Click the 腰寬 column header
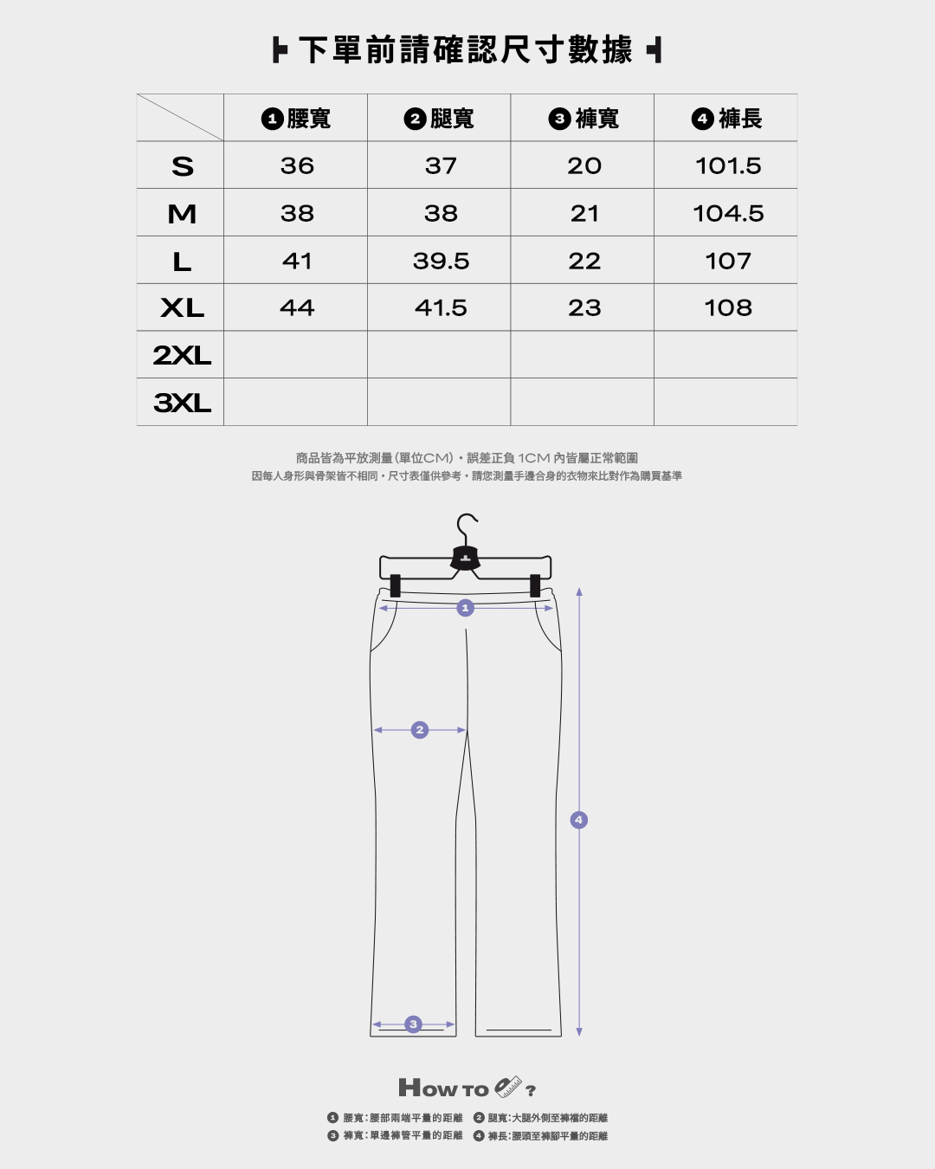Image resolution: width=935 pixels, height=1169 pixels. pyautogui.click(x=296, y=119)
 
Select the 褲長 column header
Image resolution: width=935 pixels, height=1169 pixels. pyautogui.click(x=727, y=119)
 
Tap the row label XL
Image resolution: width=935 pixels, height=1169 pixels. pyautogui.click(x=182, y=308)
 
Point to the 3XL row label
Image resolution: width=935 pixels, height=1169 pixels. pyautogui.click(x=182, y=403)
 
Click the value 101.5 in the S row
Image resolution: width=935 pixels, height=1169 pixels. pyautogui.click(x=728, y=165)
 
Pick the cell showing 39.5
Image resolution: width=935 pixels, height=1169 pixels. pyautogui.click(x=441, y=261)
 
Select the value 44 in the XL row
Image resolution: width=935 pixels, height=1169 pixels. pyautogui.click(x=297, y=308)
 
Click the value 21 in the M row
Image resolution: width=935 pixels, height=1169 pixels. pyautogui.click(x=584, y=214)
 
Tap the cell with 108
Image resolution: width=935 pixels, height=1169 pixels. pyautogui.click(x=728, y=308)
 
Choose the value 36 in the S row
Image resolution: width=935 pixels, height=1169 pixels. pyautogui.click(x=297, y=165)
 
